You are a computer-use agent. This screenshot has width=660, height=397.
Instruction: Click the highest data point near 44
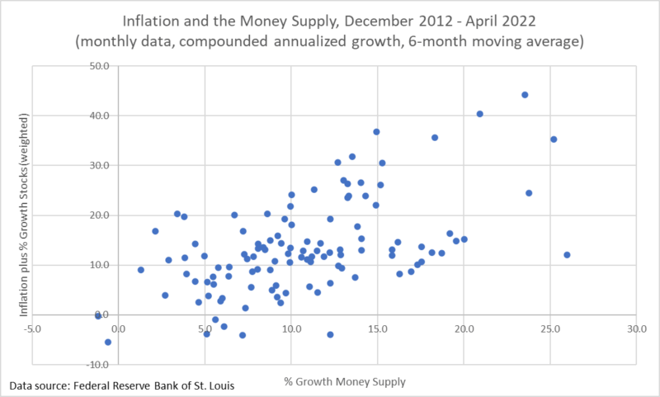tap(525, 95)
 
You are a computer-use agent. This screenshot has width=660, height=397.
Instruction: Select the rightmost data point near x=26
tap(567, 255)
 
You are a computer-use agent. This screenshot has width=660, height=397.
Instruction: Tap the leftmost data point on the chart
tap(98, 315)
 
